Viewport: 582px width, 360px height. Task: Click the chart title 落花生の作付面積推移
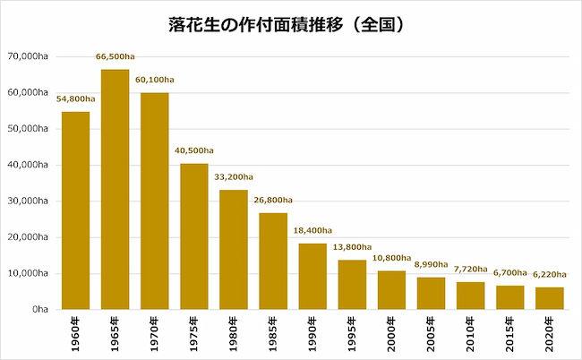click(x=256, y=25)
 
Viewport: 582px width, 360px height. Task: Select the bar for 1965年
click(x=116, y=189)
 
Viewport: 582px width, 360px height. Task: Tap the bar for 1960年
click(x=76, y=210)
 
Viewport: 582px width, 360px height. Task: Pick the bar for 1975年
click(x=194, y=236)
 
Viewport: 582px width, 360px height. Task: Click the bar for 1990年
click(x=312, y=276)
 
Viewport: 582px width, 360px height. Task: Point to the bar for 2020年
click(x=550, y=298)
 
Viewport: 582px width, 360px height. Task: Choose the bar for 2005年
click(x=431, y=293)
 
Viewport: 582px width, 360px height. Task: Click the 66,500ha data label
click(x=116, y=56)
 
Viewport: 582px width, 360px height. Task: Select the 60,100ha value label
click(x=154, y=80)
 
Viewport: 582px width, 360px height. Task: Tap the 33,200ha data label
click(x=234, y=177)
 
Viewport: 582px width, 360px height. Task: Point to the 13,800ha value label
click(x=352, y=247)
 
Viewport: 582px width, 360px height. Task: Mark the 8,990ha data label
click(x=431, y=264)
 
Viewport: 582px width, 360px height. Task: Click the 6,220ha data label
click(x=550, y=275)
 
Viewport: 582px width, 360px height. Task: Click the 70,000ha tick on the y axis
click(x=28, y=56)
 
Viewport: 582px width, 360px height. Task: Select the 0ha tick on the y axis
click(x=40, y=309)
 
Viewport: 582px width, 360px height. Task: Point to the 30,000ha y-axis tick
click(x=28, y=201)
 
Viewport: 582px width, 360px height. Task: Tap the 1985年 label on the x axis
click(x=273, y=334)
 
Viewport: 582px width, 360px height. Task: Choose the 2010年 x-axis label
click(x=470, y=334)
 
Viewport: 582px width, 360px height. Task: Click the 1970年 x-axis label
click(x=154, y=334)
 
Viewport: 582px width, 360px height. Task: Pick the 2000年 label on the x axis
click(x=391, y=334)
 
